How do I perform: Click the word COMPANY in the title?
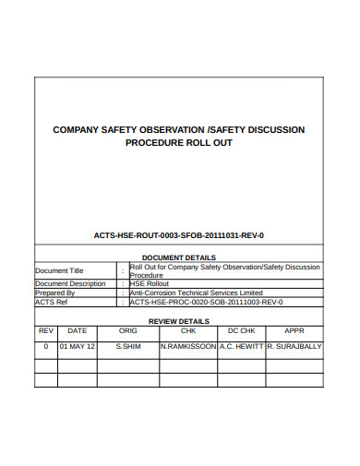[77, 130]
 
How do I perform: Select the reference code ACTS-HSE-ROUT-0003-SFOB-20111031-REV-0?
[179, 236]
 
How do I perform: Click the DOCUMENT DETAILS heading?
[179, 257]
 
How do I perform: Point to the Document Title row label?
[59, 270]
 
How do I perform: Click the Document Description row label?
[70, 283]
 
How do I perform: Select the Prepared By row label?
[54, 293]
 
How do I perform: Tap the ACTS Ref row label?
[52, 302]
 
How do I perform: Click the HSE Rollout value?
[150, 283]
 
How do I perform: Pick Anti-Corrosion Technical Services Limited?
[197, 293]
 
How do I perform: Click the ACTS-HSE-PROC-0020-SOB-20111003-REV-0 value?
[206, 302]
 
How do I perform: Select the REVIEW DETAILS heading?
[179, 321]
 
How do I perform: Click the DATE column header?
[78, 330]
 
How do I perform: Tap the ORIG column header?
[128, 330]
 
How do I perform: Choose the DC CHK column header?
[241, 330]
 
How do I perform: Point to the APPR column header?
[294, 330]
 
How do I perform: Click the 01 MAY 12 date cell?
[78, 347]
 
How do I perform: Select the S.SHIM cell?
[128, 347]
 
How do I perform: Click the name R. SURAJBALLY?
[294, 347]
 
